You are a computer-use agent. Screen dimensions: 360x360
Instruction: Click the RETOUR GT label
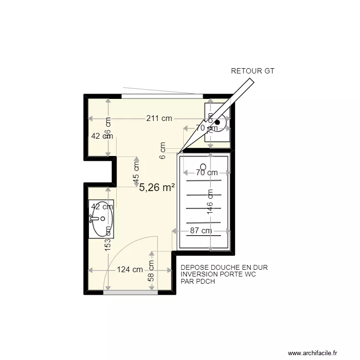(x=252, y=71)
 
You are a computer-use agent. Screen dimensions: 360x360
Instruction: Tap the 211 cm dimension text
(x=159, y=120)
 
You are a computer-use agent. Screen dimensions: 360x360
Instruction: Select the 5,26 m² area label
(x=157, y=188)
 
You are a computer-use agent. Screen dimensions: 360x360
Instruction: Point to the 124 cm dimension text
(x=130, y=270)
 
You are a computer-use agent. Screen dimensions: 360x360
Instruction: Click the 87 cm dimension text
(x=201, y=230)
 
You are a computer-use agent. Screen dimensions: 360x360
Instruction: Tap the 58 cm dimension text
(x=151, y=271)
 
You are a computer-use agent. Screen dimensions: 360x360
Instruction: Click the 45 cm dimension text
(x=136, y=172)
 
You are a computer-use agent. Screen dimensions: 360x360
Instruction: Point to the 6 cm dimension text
(x=163, y=150)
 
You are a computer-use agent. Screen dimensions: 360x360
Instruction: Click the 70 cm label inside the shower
(x=205, y=173)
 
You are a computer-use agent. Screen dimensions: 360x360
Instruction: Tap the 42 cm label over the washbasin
(x=102, y=207)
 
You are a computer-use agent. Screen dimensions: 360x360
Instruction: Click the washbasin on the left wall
(x=101, y=219)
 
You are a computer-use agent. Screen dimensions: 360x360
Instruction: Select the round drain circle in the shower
(x=203, y=167)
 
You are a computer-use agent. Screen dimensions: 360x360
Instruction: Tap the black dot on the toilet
(x=217, y=122)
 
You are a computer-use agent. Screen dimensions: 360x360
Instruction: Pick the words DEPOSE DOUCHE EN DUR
(x=224, y=267)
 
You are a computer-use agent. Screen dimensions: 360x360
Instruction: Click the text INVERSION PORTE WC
(x=218, y=275)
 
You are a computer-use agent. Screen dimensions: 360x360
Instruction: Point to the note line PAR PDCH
(x=198, y=282)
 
